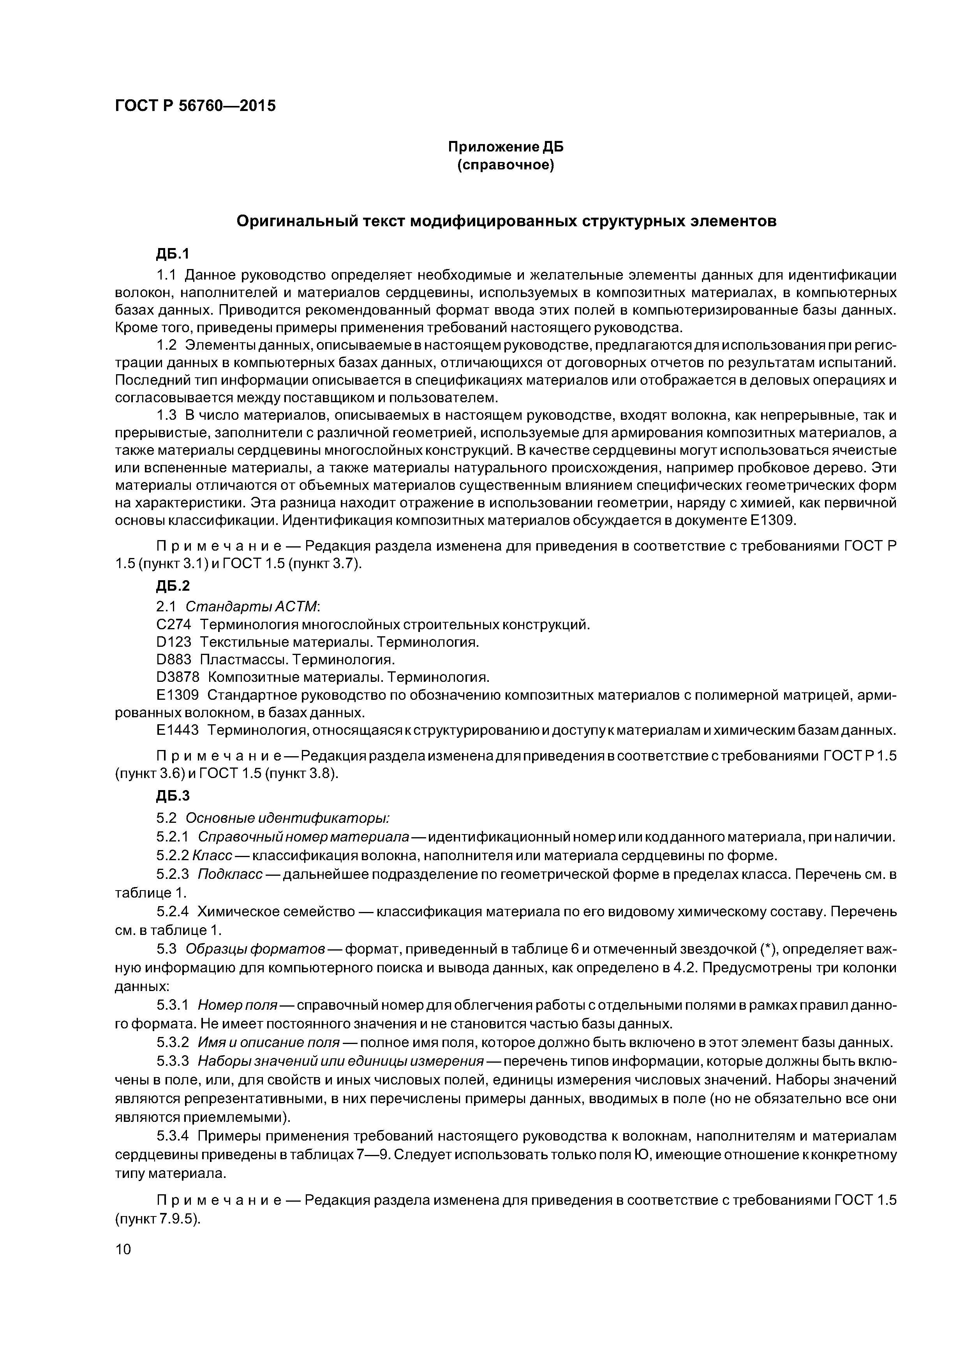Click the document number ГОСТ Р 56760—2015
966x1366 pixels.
195,106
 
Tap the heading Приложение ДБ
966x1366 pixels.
505,147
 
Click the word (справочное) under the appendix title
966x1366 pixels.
505,165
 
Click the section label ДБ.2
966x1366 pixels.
173,586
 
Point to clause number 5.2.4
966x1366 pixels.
173,912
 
